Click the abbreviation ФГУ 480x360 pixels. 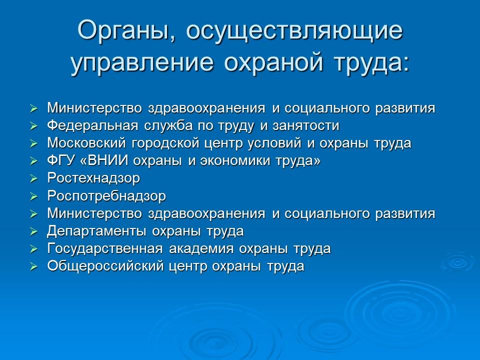pyautogui.click(x=59, y=160)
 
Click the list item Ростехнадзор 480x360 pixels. pyautogui.click(x=93, y=178)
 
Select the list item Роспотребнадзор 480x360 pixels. pyautogui.click(x=106, y=196)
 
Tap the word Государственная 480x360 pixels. pyautogui.click(x=97, y=248)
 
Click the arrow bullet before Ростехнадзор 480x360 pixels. pyautogui.click(x=33, y=178)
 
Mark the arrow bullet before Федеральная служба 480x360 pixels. pyautogui.click(x=33, y=126)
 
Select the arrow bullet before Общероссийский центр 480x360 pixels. pyautogui.click(x=33, y=266)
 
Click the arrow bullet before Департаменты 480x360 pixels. pyautogui.click(x=33, y=231)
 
